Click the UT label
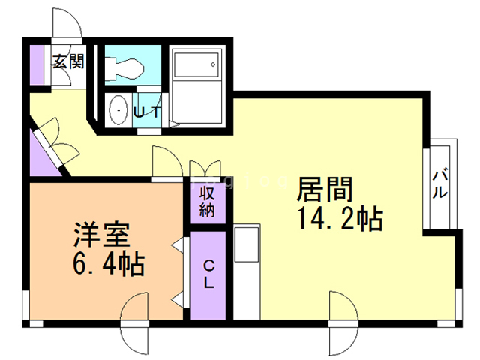click(147, 112)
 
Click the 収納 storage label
click(208, 200)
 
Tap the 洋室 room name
click(103, 235)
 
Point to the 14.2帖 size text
click(340, 218)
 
